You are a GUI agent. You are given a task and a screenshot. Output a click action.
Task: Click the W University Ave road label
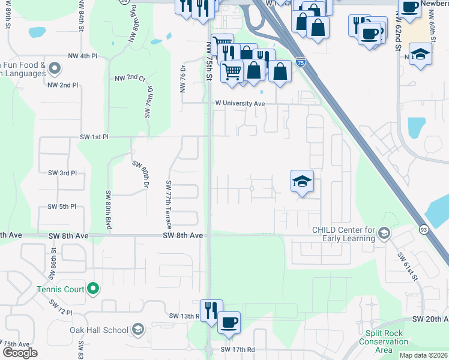tap(241, 103)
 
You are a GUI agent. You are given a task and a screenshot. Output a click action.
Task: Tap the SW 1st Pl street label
tap(94, 137)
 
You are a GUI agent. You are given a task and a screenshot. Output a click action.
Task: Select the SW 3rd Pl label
tap(62, 173)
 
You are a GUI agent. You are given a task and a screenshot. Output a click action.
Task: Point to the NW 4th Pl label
tap(83, 56)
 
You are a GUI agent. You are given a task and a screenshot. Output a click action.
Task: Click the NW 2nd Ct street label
tap(130, 79)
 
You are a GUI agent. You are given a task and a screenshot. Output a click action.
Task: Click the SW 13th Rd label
tap(184, 316)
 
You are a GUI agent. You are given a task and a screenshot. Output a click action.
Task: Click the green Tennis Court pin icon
tap(92, 290)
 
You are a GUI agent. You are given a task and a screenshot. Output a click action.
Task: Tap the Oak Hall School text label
tap(99, 330)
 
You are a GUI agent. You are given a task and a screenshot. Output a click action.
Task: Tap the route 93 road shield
tap(424, 229)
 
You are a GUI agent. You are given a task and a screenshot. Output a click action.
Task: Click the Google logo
tap(20, 353)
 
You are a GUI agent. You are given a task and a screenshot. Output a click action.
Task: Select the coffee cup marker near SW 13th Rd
tap(229, 322)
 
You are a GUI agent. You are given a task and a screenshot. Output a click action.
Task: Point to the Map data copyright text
tap(424, 355)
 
